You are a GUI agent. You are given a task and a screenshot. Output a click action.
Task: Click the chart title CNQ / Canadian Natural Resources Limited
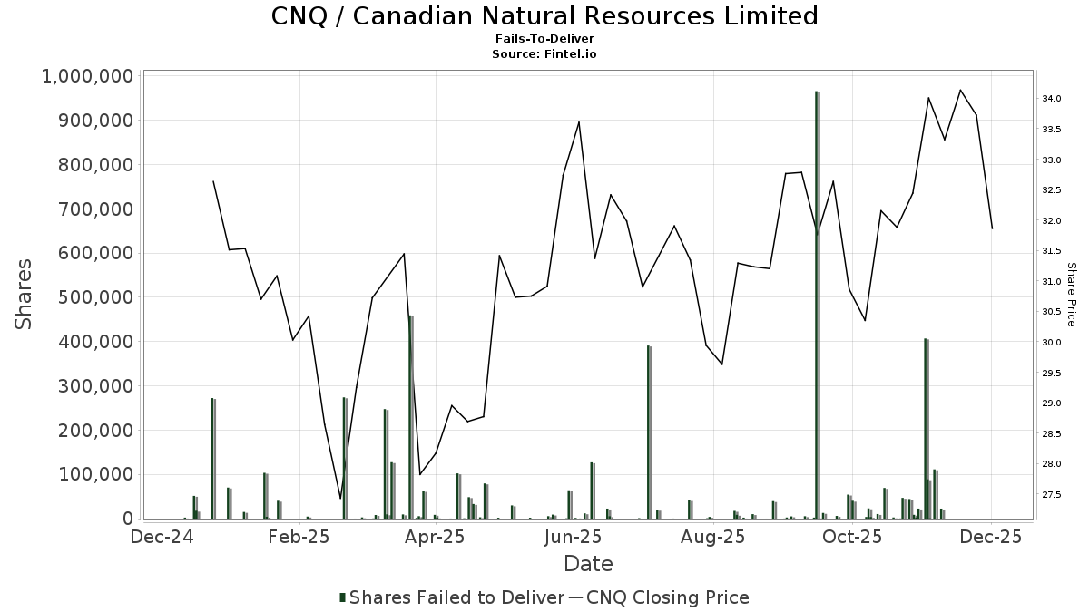(544, 16)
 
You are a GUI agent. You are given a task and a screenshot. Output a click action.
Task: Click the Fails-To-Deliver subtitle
(544, 40)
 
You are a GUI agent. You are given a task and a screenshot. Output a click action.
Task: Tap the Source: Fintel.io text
(544, 54)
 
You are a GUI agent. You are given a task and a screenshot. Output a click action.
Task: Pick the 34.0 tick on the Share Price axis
(1052, 98)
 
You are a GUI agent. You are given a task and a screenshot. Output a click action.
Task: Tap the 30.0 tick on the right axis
(1052, 343)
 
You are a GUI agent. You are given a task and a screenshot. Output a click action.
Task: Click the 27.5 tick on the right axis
(1052, 495)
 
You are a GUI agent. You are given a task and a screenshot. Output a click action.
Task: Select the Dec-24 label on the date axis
(161, 537)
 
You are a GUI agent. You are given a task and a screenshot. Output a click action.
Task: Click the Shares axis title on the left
(25, 295)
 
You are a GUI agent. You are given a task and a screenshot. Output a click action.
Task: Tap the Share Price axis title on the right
(1071, 295)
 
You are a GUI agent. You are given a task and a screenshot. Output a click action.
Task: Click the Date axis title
(588, 564)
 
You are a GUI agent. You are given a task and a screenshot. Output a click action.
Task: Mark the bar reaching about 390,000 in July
(649, 432)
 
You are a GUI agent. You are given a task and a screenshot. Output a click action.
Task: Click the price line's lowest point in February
(340, 498)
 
